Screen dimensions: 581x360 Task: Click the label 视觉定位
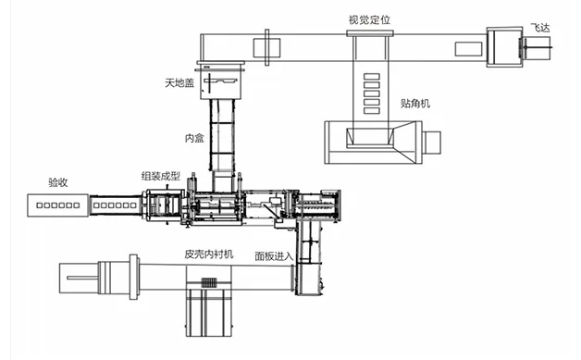click(x=369, y=19)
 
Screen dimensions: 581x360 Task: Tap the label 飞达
click(x=540, y=28)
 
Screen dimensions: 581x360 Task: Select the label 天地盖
click(x=179, y=82)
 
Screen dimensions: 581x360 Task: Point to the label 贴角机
click(x=415, y=103)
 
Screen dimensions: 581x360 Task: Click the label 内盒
click(x=194, y=138)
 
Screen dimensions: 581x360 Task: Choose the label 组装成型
click(x=160, y=176)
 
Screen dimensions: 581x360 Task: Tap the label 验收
click(x=57, y=182)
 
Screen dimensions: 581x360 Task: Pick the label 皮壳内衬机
click(x=208, y=254)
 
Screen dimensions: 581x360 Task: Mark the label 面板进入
click(x=274, y=256)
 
